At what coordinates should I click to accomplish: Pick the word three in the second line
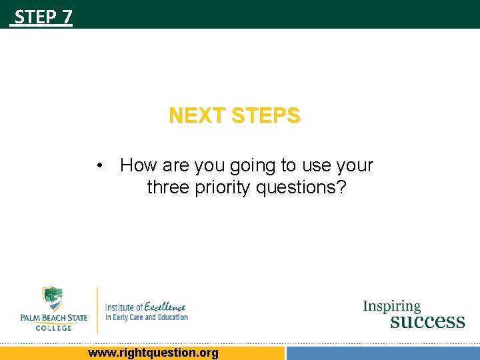(168, 188)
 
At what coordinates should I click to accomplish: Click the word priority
(222, 188)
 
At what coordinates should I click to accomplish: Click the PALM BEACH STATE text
(53, 318)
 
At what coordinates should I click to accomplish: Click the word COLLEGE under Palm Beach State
(53, 327)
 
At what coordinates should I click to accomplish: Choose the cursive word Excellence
(166, 306)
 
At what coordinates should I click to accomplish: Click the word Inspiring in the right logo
(392, 307)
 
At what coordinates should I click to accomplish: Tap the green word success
(427, 321)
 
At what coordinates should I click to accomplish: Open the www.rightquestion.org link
(153, 353)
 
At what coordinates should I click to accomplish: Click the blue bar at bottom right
(382, 353)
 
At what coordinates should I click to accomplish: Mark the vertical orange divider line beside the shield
(97, 309)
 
